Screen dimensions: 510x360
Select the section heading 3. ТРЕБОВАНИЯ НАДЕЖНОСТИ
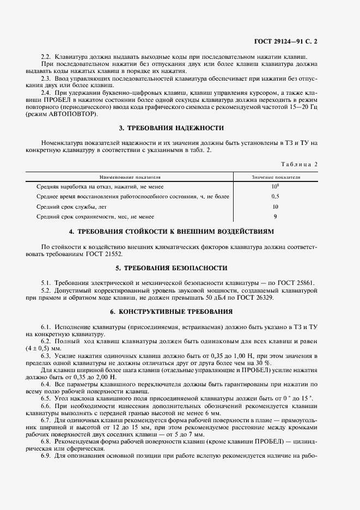(171, 128)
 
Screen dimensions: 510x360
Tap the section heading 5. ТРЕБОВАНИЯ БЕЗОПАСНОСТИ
(171, 269)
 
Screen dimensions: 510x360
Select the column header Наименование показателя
(130, 177)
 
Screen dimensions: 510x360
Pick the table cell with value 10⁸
(275, 186)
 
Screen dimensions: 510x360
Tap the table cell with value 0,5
(275, 196)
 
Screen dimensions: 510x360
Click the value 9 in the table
(275, 216)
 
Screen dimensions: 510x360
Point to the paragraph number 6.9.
(47, 454)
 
